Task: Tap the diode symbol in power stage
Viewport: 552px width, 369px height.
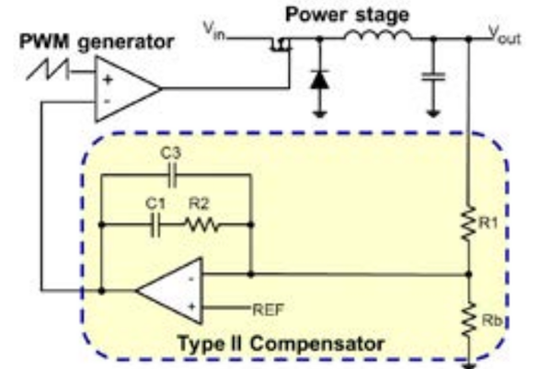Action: click(319, 80)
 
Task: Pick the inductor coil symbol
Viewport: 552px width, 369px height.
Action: click(377, 37)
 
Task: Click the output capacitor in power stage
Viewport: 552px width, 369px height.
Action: click(432, 81)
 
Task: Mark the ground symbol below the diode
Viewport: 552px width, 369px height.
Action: click(319, 114)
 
